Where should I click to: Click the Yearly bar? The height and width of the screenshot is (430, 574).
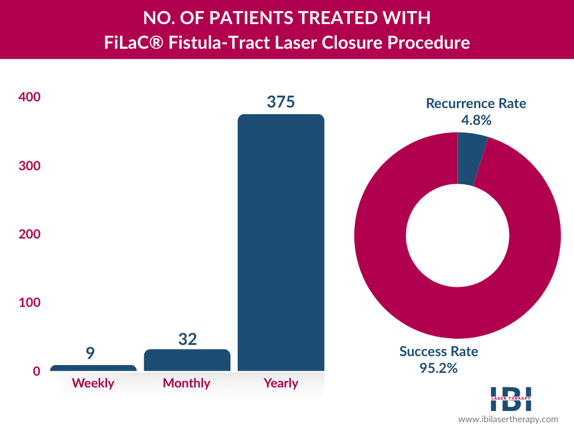[281, 242]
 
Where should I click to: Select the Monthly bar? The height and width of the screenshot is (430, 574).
[187, 360]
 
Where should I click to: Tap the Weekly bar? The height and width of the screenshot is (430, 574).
[93, 368]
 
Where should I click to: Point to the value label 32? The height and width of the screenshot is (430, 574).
[187, 339]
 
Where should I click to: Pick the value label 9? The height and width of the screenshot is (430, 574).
[90, 353]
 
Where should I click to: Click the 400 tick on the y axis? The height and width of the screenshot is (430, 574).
[30, 97]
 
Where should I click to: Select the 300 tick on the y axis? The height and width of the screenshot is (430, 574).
[30, 166]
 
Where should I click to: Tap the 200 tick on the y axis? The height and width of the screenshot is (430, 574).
[30, 234]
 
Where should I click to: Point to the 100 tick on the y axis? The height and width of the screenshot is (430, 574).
[30, 303]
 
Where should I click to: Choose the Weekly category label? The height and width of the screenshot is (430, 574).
[93, 384]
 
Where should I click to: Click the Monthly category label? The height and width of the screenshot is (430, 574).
[187, 384]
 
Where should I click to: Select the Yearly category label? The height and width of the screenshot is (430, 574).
[281, 384]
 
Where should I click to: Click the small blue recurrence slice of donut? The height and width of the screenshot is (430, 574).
[471, 158]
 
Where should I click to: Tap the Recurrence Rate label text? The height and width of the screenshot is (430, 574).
[476, 103]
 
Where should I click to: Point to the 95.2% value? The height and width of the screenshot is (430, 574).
[439, 368]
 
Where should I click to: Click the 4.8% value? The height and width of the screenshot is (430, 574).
[475, 119]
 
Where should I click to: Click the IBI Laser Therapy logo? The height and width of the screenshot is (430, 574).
[511, 399]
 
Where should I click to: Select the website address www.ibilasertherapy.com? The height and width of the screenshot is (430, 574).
[508, 419]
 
